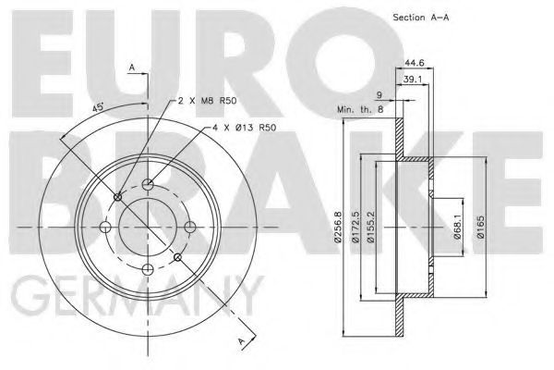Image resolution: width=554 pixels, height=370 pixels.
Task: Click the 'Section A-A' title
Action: [x=421, y=17]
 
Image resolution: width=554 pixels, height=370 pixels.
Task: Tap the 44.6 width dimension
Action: [x=414, y=63]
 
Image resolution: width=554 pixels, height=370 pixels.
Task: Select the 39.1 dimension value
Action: [x=413, y=80]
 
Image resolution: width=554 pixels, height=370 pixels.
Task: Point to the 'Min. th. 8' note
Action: [x=360, y=109]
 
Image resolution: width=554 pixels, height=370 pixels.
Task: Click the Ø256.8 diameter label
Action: [x=339, y=227]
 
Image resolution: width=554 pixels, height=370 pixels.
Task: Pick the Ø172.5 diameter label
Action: [x=355, y=227]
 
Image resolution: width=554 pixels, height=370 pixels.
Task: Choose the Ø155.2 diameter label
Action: [x=370, y=227]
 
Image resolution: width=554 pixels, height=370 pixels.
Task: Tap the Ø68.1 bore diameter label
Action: [x=458, y=227]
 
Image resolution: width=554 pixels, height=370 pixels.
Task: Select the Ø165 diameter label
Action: [x=480, y=227]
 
